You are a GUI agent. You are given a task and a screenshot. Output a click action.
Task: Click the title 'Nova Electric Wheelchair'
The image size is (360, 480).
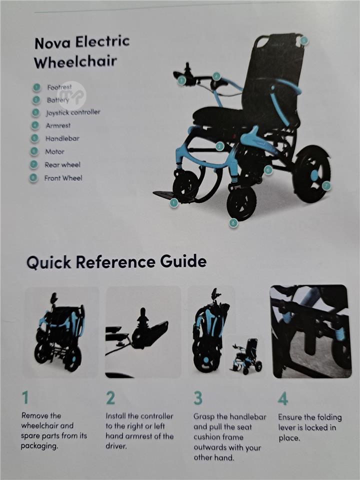click(82, 52)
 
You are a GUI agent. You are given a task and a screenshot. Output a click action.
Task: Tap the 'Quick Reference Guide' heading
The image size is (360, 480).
click(116, 262)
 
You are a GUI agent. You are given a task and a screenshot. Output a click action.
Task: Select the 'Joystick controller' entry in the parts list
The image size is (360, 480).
click(73, 112)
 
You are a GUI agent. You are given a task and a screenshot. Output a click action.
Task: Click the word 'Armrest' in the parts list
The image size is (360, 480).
click(58, 125)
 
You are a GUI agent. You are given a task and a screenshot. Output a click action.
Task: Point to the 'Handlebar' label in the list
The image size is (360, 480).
click(62, 138)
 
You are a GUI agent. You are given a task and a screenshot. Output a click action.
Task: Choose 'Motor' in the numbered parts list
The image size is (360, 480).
click(55, 151)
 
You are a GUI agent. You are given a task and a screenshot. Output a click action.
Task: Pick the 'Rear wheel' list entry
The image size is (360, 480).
click(62, 164)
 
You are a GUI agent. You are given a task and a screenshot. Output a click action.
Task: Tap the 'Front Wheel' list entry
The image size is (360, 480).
click(63, 178)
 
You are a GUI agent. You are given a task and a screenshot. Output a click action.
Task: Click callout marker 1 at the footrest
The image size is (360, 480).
click(174, 202)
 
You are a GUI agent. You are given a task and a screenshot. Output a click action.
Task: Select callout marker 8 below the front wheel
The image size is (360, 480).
click(233, 223)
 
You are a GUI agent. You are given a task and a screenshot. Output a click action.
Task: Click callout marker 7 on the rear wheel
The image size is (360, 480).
click(326, 186)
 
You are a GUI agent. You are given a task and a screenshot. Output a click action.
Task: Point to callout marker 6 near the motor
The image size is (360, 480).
click(268, 170)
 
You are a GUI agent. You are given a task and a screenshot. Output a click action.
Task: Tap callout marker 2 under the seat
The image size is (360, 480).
click(219, 146)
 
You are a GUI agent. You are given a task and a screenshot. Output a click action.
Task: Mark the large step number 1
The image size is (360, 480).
click(25, 397)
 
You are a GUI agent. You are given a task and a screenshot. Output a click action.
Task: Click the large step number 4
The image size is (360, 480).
click(283, 398)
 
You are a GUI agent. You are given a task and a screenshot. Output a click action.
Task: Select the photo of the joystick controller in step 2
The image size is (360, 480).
click(143, 332)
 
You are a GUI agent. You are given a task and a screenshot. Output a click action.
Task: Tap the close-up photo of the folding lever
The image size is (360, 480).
click(310, 331)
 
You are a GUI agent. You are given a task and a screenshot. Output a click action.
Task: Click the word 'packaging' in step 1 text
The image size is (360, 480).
click(39, 446)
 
